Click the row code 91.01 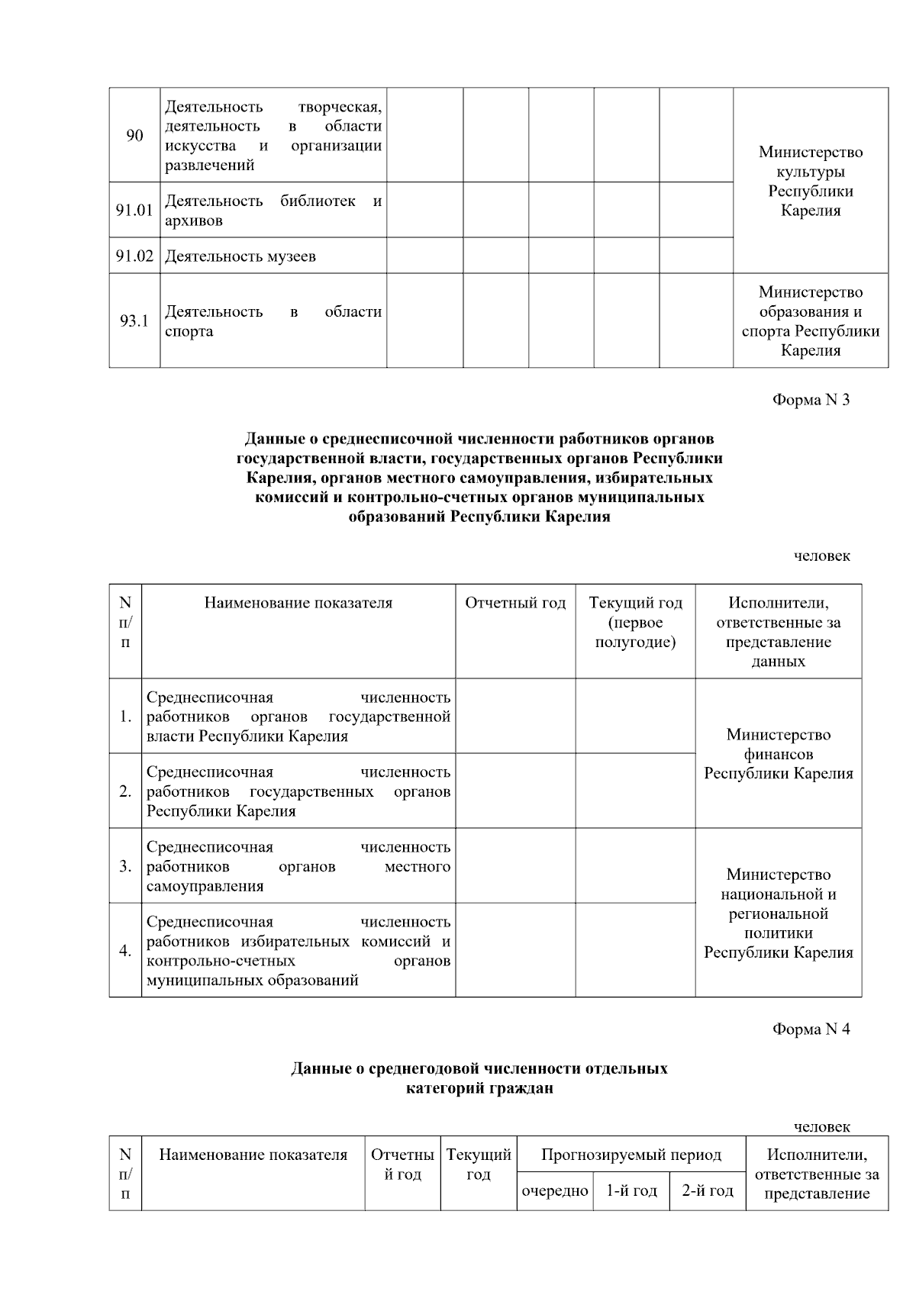click(134, 210)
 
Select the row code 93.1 click(134, 321)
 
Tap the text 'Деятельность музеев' click(240, 256)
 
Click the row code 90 click(134, 136)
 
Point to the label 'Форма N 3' click(811, 400)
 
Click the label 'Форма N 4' click(811, 1029)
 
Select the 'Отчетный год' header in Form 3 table click(515, 604)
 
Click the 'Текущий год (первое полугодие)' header click(635, 622)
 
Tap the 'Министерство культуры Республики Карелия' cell click(811, 181)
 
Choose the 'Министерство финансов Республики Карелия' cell click(778, 754)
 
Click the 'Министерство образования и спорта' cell click(811, 321)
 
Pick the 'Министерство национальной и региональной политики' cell click(778, 913)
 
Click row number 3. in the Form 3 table click(125, 867)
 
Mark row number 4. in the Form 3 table click(125, 951)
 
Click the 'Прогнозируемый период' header click(631, 1155)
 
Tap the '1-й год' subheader click(631, 1190)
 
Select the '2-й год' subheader click(707, 1190)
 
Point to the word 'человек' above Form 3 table click(821, 556)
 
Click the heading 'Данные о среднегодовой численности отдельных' click(479, 1068)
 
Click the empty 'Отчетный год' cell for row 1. click(515, 716)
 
